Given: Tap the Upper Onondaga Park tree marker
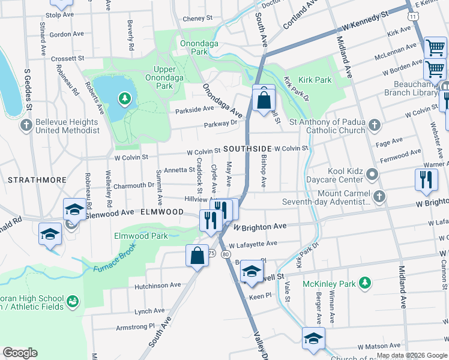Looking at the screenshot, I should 124,97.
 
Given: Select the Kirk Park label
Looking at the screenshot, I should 315,80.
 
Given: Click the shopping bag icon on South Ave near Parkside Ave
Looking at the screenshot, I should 264,99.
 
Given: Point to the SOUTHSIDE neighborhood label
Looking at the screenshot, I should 247,148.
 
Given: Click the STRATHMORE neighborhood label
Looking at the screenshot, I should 29,179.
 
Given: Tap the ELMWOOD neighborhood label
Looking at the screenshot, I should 162,212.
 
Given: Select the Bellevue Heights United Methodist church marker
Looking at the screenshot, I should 25,125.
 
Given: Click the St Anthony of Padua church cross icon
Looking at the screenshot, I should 374,125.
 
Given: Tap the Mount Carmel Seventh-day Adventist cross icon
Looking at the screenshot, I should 379,196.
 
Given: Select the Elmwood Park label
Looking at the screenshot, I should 141,236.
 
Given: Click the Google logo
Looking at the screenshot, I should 20,353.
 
